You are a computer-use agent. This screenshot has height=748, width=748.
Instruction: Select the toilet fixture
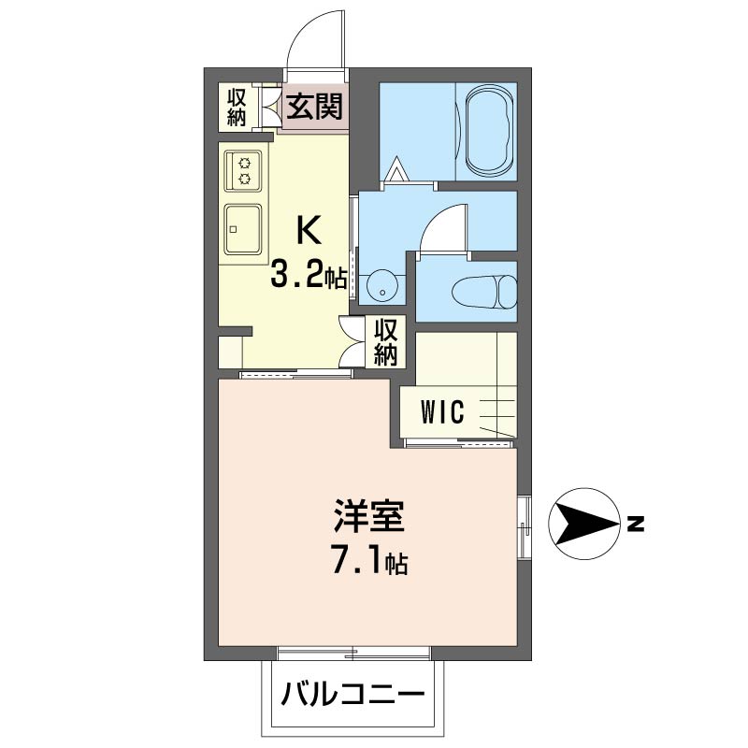point(484,292)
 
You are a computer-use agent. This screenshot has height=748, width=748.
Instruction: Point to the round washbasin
point(382,285)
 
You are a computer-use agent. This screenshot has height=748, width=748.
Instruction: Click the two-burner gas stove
point(244,172)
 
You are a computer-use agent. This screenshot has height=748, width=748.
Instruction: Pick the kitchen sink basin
point(243,229)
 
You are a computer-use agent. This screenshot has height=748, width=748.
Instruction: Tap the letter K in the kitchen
point(308,229)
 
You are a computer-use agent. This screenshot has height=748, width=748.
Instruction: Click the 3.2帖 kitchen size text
point(309,275)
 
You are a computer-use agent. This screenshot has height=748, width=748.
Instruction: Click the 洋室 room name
point(369,516)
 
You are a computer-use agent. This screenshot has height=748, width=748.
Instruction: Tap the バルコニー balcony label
point(352,693)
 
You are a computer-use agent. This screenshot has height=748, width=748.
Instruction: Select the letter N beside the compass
point(636,524)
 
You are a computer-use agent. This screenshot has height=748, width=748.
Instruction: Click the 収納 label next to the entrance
point(237,108)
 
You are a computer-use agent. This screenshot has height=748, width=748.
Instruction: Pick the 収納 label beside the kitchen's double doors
point(385,341)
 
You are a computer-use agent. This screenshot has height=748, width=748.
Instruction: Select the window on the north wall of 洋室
point(525,527)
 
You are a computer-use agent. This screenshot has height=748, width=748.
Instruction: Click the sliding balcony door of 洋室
point(354,653)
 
